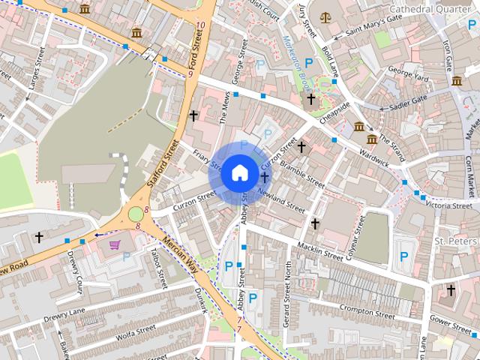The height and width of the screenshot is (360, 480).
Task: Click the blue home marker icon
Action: coord(239,172)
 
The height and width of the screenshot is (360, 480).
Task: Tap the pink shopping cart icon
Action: coord(115,244)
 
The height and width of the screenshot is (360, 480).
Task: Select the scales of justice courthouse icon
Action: coord(325,16)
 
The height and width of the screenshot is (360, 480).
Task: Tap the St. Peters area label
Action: coord(456,241)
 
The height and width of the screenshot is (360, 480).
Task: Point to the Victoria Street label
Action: coord(448,204)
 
